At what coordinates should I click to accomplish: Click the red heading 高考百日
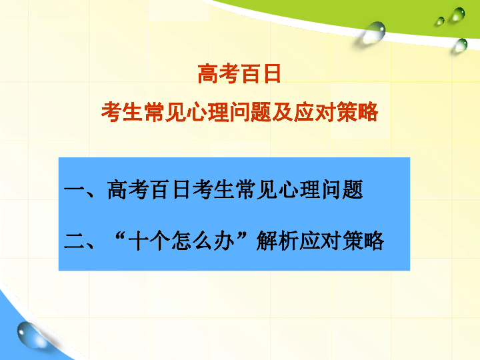click(x=239, y=74)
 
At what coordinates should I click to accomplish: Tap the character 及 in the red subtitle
click(x=282, y=112)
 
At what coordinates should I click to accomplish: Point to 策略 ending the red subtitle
click(x=357, y=112)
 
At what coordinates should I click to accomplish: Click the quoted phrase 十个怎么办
click(x=181, y=241)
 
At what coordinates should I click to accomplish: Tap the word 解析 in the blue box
click(x=277, y=241)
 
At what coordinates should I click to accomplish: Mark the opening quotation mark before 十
click(x=120, y=236)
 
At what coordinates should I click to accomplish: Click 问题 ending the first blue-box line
click(x=342, y=190)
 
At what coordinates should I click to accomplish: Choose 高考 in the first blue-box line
click(x=127, y=190)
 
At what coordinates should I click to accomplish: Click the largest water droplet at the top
click(x=374, y=31)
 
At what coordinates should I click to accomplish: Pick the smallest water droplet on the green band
click(x=440, y=21)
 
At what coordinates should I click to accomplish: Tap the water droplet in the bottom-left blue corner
click(x=29, y=335)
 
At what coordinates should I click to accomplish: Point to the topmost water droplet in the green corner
click(x=457, y=15)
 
